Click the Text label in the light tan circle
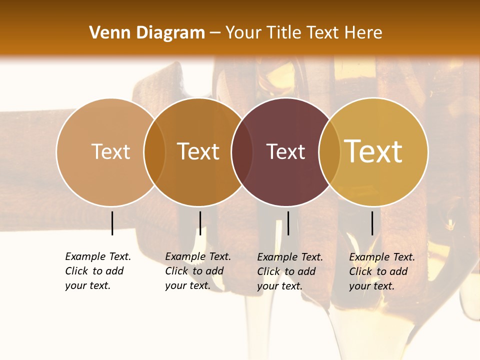(110, 152)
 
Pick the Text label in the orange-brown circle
(198, 152)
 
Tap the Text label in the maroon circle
(285, 152)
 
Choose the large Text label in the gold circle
(373, 152)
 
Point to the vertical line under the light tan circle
(112, 223)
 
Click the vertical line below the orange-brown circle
(200, 223)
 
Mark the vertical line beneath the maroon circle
(288, 223)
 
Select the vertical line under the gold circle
(372, 223)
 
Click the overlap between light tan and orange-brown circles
(154, 152)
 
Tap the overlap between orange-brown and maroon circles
(242, 152)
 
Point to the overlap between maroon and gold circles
(329, 152)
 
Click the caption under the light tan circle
(97, 271)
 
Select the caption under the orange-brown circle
(197, 271)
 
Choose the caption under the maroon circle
(289, 271)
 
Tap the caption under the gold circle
(381, 271)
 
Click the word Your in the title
(243, 33)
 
